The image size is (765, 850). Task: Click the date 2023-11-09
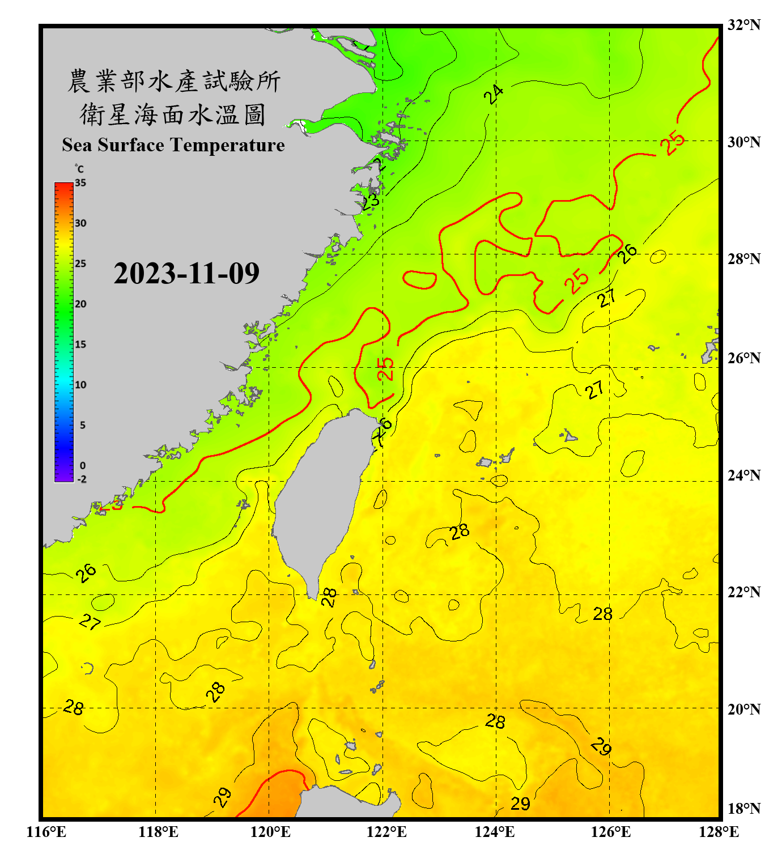click(x=186, y=273)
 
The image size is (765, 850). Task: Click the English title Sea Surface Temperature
click(x=173, y=145)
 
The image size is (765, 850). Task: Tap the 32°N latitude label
click(x=743, y=25)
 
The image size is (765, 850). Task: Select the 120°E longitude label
click(x=270, y=832)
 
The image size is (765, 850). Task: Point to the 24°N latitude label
click(x=743, y=475)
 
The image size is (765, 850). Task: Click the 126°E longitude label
click(x=610, y=832)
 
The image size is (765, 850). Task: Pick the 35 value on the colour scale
click(x=80, y=183)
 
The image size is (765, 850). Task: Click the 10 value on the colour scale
click(x=80, y=385)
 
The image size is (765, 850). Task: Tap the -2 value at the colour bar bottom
click(x=82, y=479)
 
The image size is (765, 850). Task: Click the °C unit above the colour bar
click(x=79, y=169)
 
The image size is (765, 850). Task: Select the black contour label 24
click(x=494, y=94)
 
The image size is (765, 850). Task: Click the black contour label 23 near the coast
click(x=371, y=201)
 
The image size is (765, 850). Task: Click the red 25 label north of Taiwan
click(x=385, y=369)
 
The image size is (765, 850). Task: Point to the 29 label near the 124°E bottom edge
click(x=520, y=804)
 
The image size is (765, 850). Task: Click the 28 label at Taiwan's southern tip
click(x=329, y=597)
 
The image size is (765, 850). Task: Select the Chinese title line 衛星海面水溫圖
click(x=173, y=114)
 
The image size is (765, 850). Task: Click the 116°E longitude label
click(x=46, y=832)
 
